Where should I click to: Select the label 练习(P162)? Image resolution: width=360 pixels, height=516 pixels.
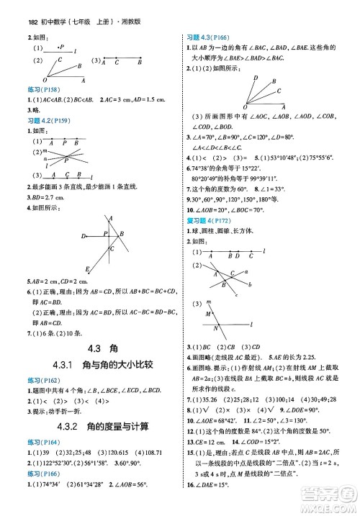pyautogui.click(x=37, y=381)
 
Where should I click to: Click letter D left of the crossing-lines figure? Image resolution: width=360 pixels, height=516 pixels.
pyautogui.click(x=84, y=235)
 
